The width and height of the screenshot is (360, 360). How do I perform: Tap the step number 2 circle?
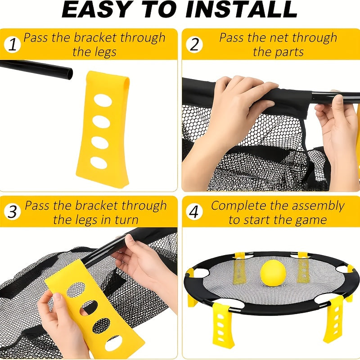coord(194,45)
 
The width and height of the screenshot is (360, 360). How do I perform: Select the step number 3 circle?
coord(13,212)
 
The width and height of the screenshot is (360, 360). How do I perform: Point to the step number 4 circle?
coord(194,212)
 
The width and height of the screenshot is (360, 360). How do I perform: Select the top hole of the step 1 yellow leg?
coord(103,101)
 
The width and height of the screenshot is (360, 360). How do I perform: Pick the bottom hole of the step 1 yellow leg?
coord(99,162)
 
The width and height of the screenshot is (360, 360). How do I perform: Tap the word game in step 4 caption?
coord(310,220)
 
